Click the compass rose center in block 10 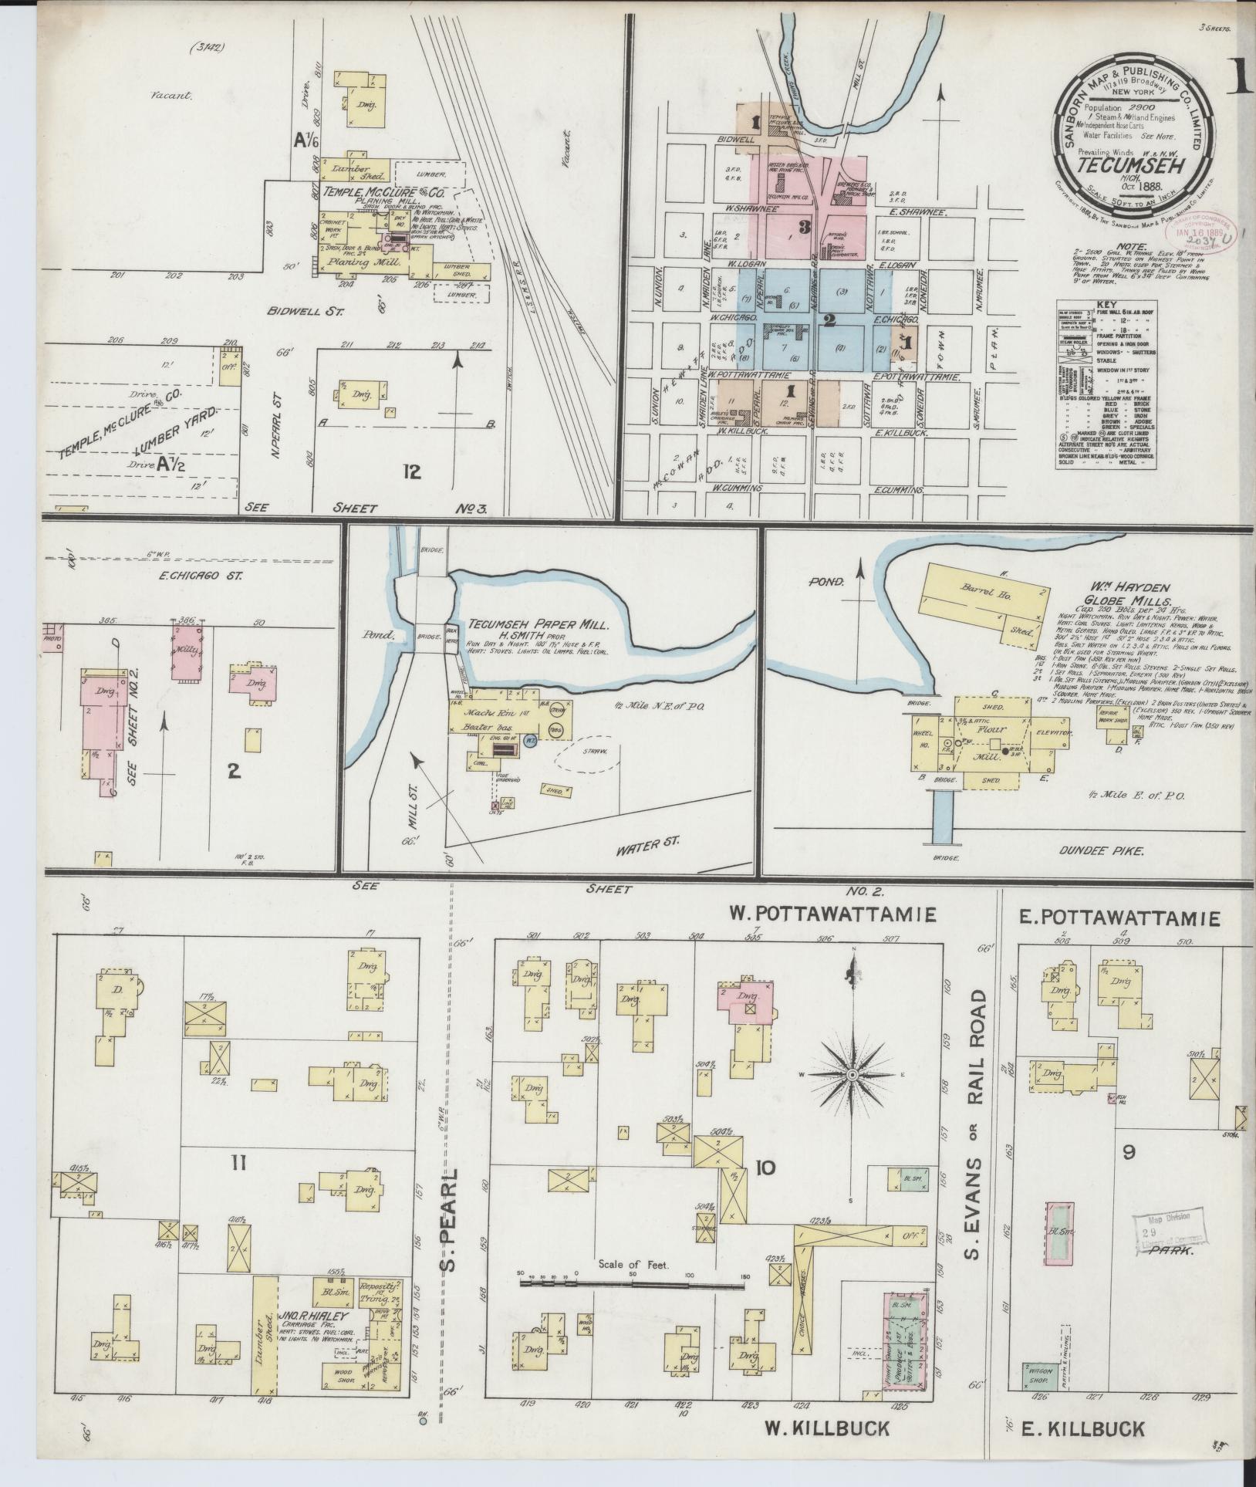[x=853, y=1075]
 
